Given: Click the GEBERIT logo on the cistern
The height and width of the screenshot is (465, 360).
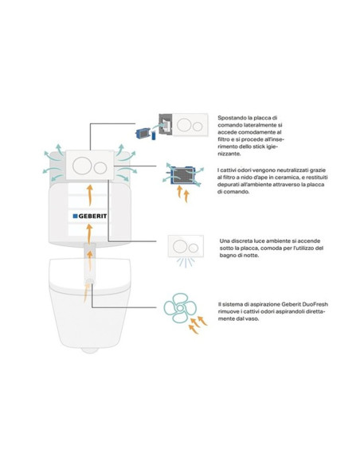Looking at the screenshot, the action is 89,217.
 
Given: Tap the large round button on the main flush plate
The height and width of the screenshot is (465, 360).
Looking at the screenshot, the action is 81,166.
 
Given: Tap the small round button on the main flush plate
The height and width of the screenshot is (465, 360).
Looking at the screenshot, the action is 100,168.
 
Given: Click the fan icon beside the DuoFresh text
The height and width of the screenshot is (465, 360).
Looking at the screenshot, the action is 180,308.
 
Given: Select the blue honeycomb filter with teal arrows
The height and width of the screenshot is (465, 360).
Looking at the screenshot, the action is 183,175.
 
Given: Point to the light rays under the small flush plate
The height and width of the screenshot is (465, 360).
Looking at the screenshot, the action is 186,262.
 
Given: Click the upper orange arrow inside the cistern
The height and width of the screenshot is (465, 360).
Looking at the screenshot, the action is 90,195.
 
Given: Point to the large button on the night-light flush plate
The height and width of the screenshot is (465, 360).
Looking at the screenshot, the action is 180,247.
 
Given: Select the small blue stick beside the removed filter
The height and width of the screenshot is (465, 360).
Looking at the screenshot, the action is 154,136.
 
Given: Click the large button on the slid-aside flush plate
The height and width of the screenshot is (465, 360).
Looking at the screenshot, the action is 184,125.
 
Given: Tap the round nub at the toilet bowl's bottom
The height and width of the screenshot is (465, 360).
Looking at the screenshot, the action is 90,350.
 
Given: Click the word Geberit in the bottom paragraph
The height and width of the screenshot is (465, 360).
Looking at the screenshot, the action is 292,304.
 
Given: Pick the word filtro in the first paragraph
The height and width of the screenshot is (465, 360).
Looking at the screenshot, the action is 224,139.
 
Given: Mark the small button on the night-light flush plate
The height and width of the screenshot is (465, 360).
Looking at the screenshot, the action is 194,248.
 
